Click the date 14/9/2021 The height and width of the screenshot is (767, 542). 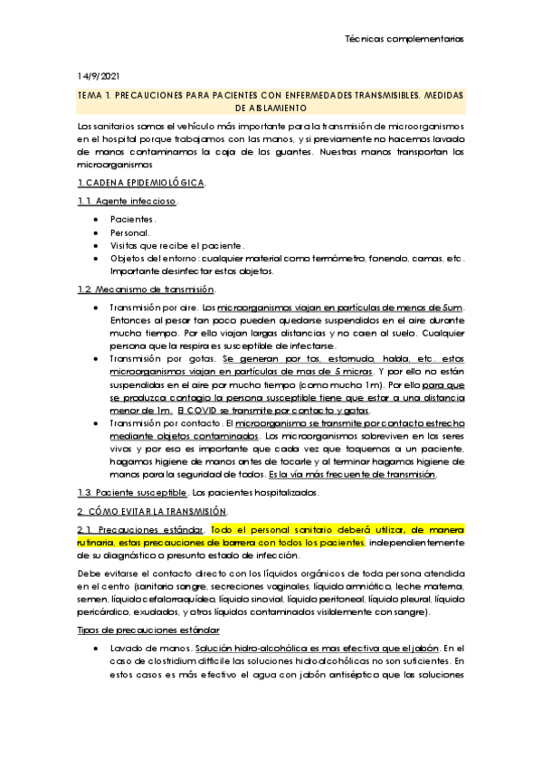pyautogui.click(x=95, y=75)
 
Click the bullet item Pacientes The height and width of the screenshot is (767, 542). pyautogui.click(x=133, y=219)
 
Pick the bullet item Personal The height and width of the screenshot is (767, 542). pyautogui.click(x=130, y=232)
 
